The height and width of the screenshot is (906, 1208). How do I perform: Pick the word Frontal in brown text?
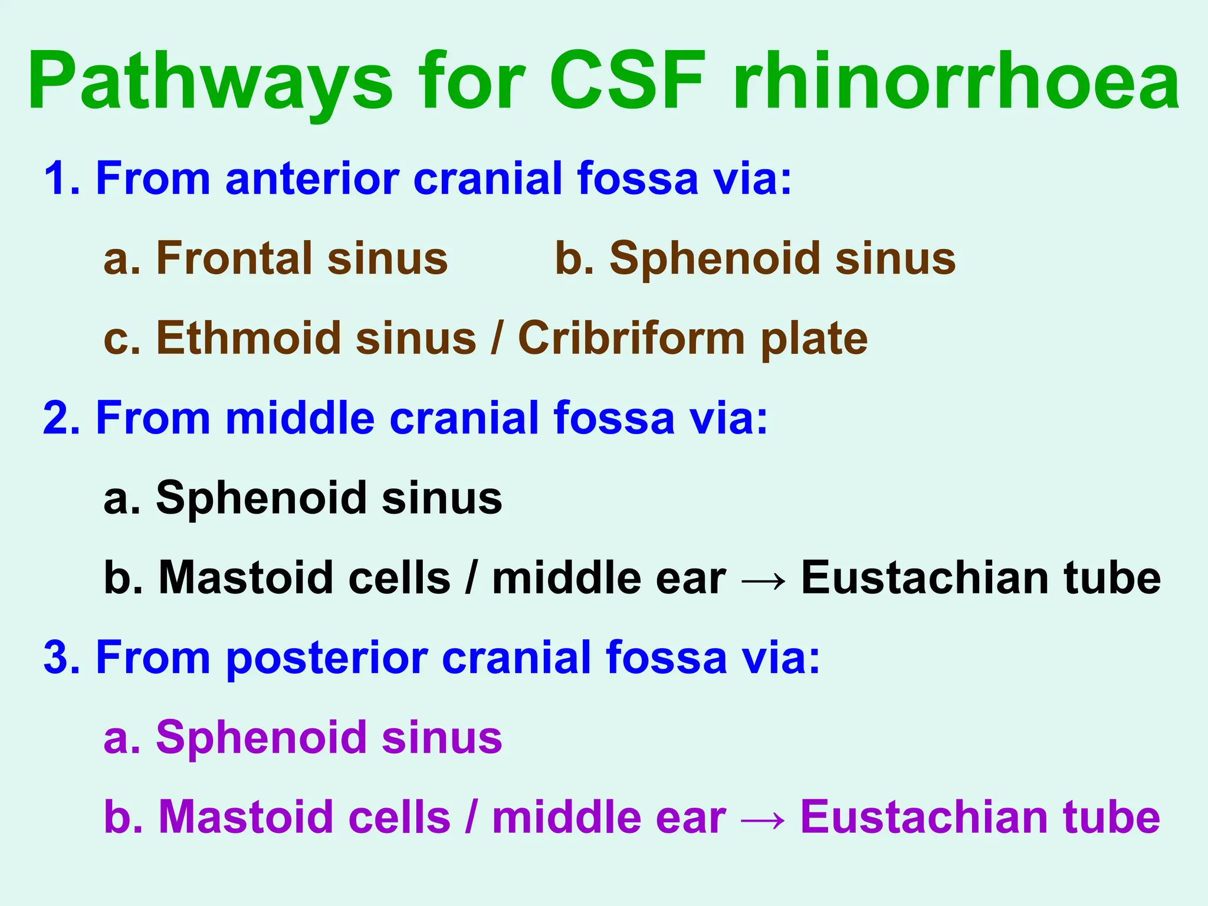point(234,258)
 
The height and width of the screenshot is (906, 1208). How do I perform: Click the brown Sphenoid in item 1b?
point(714,258)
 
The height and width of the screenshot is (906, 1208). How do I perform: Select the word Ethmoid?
point(248,338)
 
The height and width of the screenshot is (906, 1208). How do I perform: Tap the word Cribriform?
point(631,338)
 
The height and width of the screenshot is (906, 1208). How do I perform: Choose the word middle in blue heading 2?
point(300,418)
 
